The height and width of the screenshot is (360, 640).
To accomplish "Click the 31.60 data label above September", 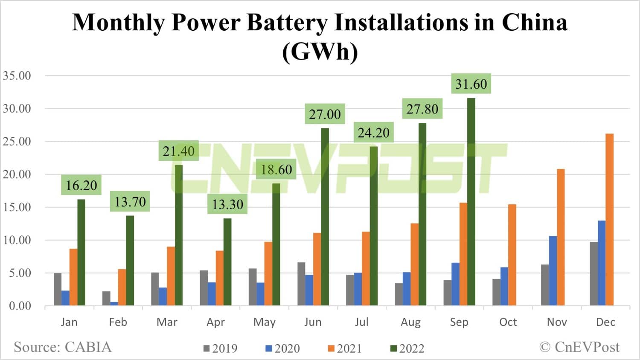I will (x=471, y=84).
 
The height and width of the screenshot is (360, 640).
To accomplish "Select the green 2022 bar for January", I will (x=81, y=252).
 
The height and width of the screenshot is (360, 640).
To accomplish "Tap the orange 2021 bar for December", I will (x=609, y=220).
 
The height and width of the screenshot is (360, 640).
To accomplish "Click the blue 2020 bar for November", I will (x=553, y=270).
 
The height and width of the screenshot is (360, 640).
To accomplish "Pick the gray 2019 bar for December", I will (x=593, y=273).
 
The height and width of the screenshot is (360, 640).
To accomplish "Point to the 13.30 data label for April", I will (x=227, y=204).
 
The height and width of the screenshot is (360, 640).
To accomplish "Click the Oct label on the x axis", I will (x=508, y=322).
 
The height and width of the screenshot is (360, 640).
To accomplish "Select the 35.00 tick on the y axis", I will (x=17, y=76).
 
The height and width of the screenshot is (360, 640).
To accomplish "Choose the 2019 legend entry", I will (x=221, y=348).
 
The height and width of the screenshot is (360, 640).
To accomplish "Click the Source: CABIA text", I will (x=63, y=347).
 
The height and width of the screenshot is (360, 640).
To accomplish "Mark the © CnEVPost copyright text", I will (x=579, y=347).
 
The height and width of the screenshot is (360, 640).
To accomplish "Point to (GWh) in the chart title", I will (x=320, y=52).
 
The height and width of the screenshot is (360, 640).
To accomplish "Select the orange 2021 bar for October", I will (x=512, y=255).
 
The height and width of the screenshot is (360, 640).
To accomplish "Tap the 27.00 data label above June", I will (x=325, y=114).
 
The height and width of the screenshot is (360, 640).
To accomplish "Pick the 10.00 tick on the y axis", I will (x=17, y=240).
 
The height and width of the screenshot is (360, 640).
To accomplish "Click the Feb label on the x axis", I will (x=118, y=322).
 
